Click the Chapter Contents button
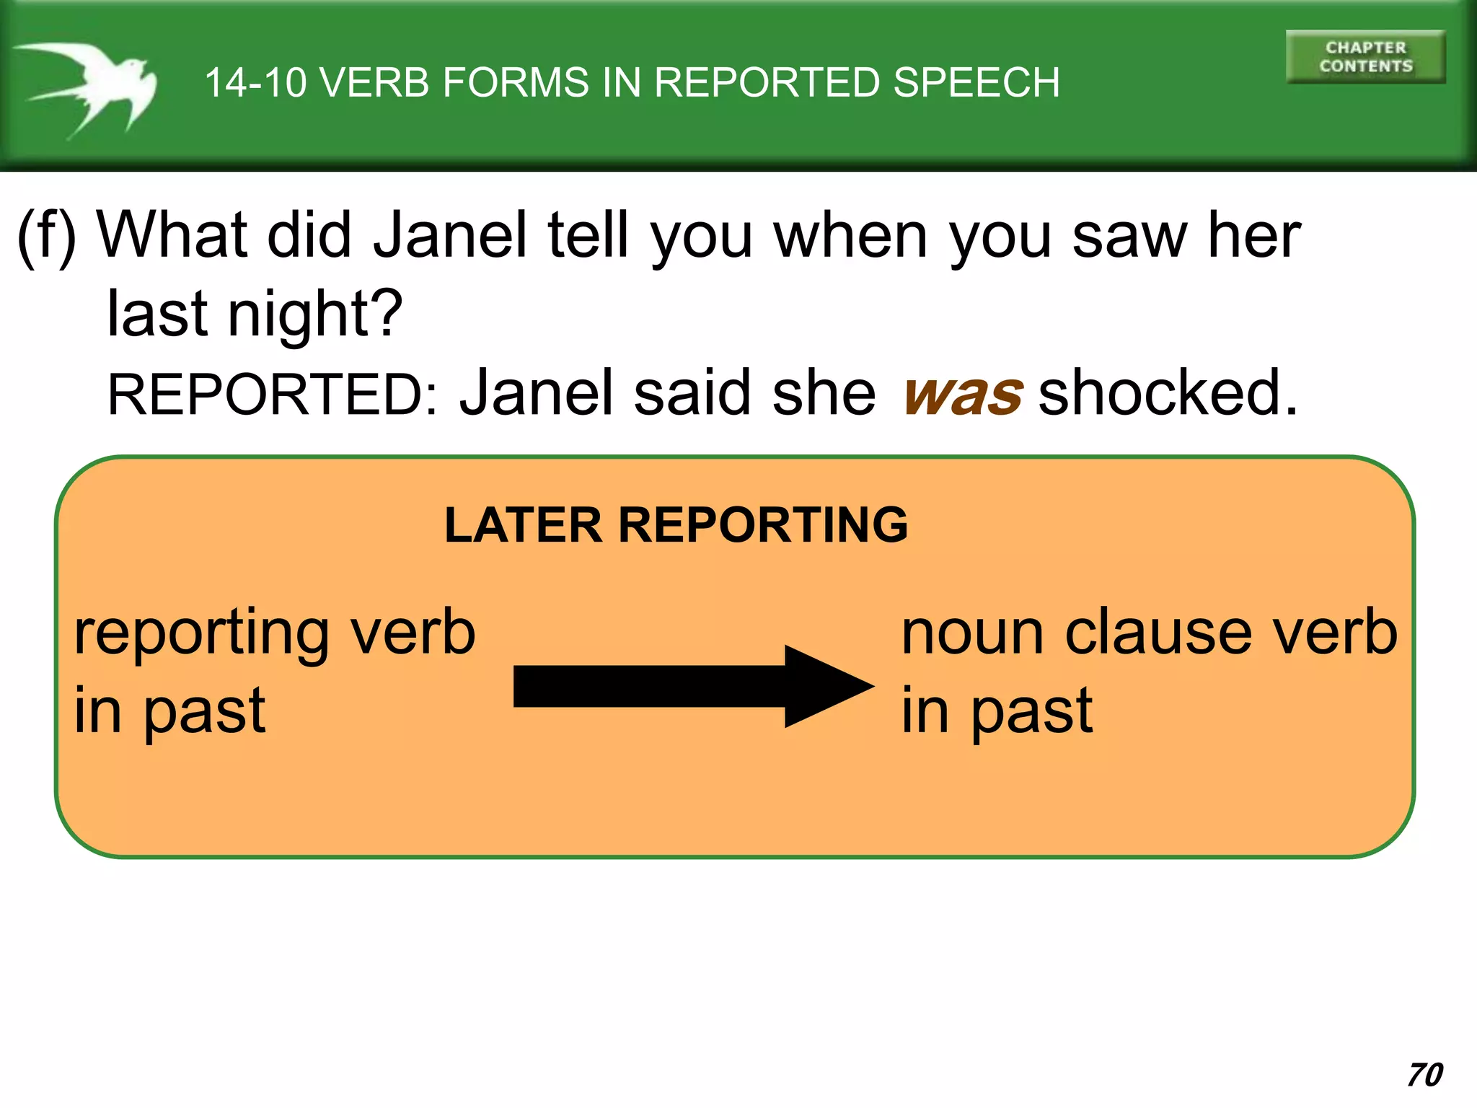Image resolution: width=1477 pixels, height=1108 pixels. click(x=1365, y=57)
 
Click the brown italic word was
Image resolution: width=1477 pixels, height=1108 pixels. click(x=963, y=395)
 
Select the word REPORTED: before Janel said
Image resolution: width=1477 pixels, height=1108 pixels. click(x=273, y=395)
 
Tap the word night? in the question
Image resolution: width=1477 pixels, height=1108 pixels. click(x=315, y=314)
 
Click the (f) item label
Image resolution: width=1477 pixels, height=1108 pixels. click(x=47, y=236)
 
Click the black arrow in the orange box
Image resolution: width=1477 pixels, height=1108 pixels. click(x=692, y=686)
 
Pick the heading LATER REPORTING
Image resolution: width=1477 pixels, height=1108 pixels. click(x=676, y=524)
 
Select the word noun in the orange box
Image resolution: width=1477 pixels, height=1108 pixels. click(x=972, y=633)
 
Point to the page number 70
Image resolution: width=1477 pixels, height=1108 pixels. click(x=1425, y=1075)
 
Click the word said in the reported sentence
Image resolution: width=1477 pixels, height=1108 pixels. click(x=692, y=393)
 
